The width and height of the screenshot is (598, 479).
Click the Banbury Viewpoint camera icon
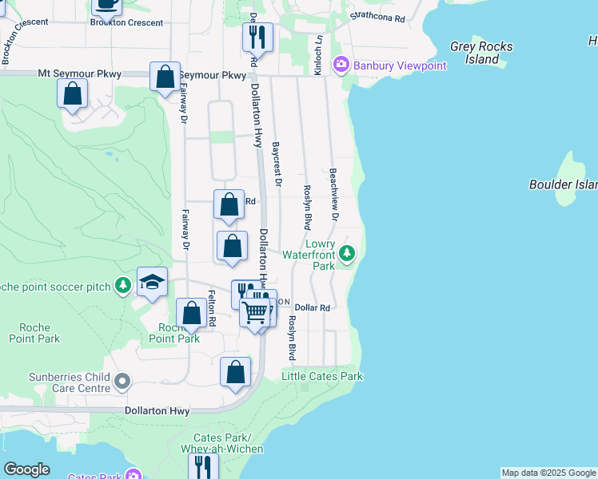342,64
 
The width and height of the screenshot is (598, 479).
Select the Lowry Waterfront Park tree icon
346,254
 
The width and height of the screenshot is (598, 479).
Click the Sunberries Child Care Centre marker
122,382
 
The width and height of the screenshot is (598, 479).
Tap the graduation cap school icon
152,283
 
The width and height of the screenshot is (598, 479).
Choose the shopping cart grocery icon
255,311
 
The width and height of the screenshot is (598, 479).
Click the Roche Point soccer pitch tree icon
122,285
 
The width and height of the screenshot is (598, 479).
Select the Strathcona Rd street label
377,17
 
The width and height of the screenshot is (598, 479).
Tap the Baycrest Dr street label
277,164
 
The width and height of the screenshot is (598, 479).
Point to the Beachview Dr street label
333,193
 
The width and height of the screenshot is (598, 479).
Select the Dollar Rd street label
312,307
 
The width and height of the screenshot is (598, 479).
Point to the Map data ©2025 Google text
548,473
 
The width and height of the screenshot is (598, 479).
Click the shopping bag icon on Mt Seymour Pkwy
165,77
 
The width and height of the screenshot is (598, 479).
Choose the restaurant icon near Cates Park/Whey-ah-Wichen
204,465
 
